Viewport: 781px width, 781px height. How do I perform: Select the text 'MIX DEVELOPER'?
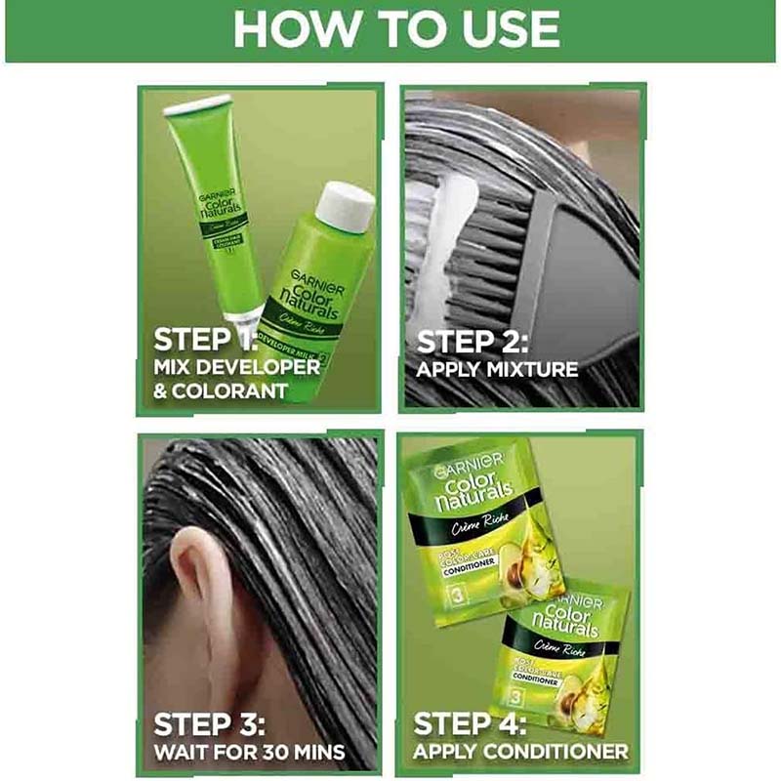[x=236, y=368]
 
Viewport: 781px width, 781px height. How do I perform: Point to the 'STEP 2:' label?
[x=474, y=343]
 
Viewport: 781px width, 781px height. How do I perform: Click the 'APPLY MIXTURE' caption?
[x=497, y=370]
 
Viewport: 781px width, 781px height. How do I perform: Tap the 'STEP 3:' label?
[x=210, y=724]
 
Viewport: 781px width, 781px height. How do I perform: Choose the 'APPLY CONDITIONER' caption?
[x=520, y=752]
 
